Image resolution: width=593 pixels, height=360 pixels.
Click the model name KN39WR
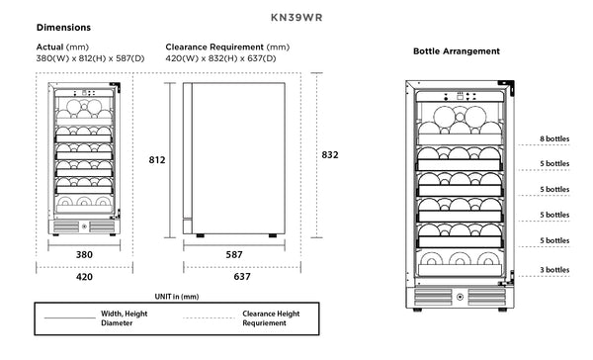click(x=296, y=18)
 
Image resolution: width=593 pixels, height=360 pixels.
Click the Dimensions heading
click(x=63, y=28)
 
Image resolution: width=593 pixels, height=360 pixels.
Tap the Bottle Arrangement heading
click(x=457, y=51)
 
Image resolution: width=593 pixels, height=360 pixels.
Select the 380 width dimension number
click(x=84, y=254)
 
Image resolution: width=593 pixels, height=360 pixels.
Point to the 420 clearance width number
click(x=84, y=277)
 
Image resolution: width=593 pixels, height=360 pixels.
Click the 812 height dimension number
click(x=157, y=160)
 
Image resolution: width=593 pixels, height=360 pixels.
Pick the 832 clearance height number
click(x=330, y=155)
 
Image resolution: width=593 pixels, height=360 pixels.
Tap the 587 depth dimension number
click(x=234, y=254)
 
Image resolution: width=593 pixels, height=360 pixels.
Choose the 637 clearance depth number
click(x=242, y=277)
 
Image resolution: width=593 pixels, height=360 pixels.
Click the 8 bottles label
click(x=554, y=138)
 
